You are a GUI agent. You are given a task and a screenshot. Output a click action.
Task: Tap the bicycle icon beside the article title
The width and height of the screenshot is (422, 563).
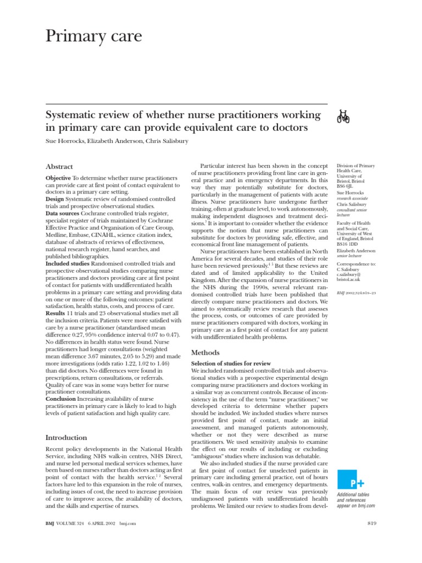tap(343, 116)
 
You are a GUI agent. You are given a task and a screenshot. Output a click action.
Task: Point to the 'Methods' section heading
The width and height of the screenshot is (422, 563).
tap(205, 352)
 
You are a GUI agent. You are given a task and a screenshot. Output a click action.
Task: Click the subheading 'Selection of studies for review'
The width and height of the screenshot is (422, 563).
tap(231, 364)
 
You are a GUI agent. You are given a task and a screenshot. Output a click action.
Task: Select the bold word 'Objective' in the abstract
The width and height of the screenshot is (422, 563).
tap(58, 179)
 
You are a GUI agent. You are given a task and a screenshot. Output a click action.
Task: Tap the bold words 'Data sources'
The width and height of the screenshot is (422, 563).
tap(64, 213)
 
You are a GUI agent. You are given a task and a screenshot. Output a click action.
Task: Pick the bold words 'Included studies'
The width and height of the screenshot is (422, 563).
tap(68, 264)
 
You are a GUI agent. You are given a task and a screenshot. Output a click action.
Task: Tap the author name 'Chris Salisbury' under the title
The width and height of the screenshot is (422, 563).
tap(174, 141)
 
